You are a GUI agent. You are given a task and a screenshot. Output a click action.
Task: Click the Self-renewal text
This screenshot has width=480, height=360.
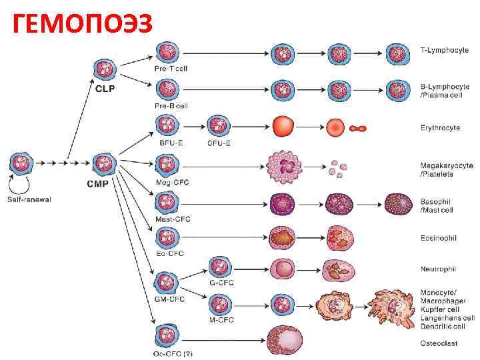(x=29, y=199)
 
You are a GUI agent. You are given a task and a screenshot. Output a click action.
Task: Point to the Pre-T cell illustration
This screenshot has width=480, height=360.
(x=167, y=53)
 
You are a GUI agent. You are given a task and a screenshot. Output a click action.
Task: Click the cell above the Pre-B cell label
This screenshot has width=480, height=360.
(x=167, y=89)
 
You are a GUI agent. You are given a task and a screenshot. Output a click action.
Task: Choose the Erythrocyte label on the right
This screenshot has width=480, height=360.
(x=440, y=127)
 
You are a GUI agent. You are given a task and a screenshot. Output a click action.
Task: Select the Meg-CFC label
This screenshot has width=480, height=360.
(x=171, y=182)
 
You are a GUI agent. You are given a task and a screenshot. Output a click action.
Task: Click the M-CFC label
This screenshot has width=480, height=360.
(x=221, y=320)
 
